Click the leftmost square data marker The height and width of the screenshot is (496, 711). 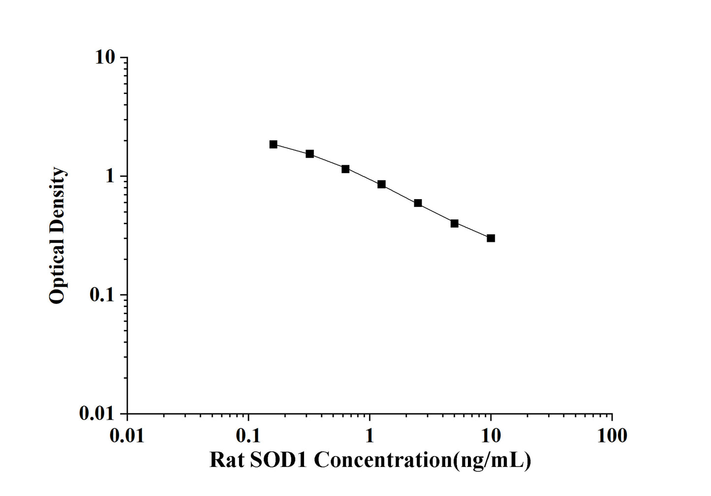point(273,144)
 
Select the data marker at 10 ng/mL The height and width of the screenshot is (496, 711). point(491,238)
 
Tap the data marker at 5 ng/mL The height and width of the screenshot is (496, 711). point(454,223)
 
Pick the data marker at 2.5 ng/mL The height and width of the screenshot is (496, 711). point(418,203)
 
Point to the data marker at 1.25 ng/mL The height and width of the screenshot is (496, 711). point(381,184)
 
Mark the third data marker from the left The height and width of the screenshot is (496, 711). point(345,169)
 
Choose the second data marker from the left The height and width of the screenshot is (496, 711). point(309,154)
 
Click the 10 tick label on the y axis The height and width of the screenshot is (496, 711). point(105,58)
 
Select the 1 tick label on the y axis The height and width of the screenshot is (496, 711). point(110,176)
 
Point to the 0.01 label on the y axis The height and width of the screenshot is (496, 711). point(96,414)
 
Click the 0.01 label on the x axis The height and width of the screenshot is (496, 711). point(127,436)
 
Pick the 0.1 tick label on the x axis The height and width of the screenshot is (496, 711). point(248,436)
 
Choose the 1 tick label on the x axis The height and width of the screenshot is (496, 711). point(370,436)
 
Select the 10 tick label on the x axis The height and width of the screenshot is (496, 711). point(491,436)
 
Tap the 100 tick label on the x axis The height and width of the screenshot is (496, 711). point(612,436)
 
